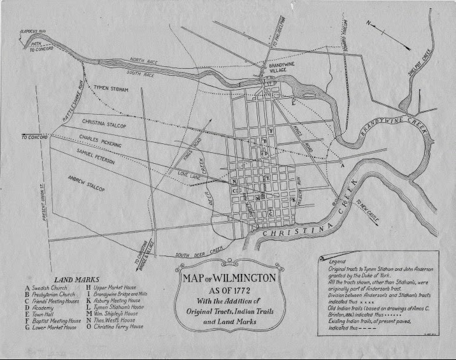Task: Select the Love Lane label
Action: point(189,171)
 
